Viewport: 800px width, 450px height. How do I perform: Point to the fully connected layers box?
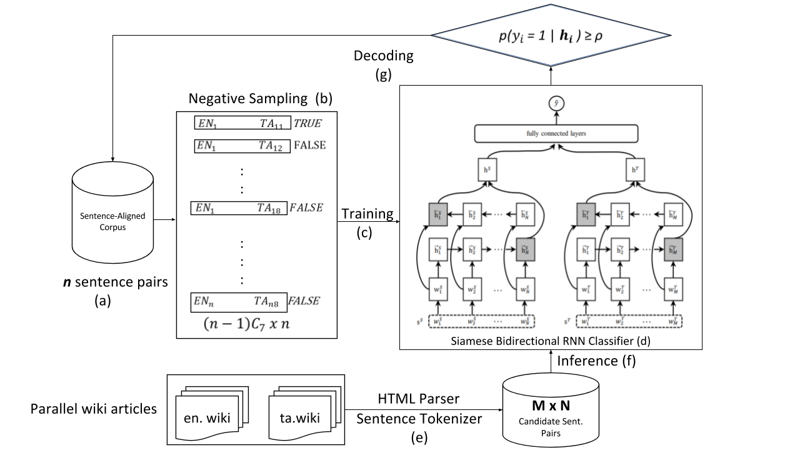pyautogui.click(x=556, y=133)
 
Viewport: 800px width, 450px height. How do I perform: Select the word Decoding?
pyautogui.click(x=383, y=56)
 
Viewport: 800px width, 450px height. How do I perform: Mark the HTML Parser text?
pyautogui.click(x=418, y=399)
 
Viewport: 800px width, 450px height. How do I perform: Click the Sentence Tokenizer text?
pyautogui.click(x=419, y=418)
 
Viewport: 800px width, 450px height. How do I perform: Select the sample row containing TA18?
pyautogui.click(x=238, y=207)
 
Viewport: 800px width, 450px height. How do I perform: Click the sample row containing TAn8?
pyautogui.click(x=238, y=301)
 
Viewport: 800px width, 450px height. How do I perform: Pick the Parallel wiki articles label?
pyautogui.click(x=94, y=409)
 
